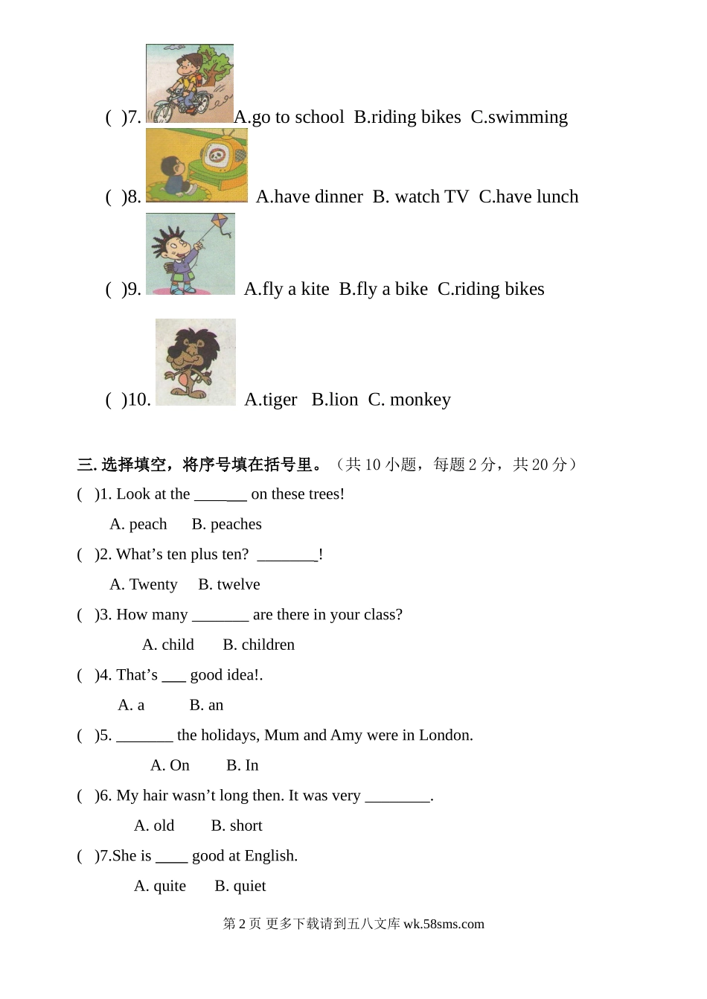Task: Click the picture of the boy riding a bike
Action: click(189, 83)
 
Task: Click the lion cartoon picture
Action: click(195, 362)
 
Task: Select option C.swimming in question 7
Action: click(519, 117)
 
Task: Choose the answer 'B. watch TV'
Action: click(420, 197)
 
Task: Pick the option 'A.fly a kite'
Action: click(287, 289)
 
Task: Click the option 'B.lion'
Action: click(334, 400)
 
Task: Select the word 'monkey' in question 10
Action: click(420, 400)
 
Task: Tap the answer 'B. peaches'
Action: click(226, 524)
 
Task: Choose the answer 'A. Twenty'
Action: click(144, 584)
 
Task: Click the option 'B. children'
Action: click(258, 645)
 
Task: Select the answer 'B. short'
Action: click(236, 826)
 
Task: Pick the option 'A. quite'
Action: click(160, 886)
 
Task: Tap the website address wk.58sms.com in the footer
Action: click(444, 924)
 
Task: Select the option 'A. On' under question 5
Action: click(170, 765)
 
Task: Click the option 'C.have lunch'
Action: click(528, 197)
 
